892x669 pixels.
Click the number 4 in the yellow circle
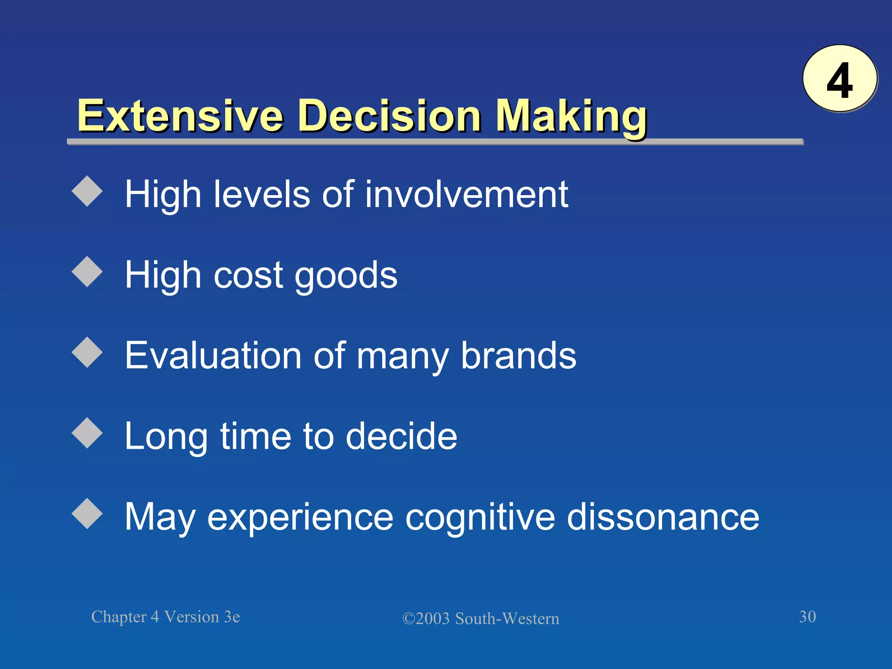click(839, 80)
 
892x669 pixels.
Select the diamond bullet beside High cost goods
click(87, 272)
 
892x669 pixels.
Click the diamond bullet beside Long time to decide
click(87, 433)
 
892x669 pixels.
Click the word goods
click(346, 276)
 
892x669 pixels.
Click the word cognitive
click(480, 517)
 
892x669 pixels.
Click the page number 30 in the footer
click(807, 617)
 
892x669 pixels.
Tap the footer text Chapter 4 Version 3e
click(166, 617)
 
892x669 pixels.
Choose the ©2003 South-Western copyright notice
click(480, 618)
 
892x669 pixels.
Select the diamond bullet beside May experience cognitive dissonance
click(87, 514)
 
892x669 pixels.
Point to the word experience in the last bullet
click(300, 517)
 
